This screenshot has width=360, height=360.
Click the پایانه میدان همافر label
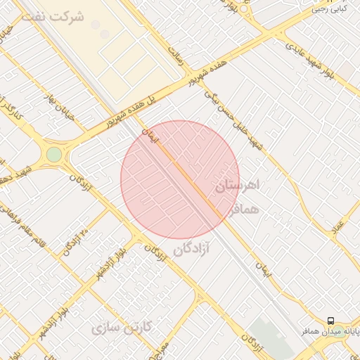(330, 330)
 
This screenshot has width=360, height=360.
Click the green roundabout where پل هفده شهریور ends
(54, 154)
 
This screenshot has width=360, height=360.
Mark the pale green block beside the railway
(271, 338)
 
